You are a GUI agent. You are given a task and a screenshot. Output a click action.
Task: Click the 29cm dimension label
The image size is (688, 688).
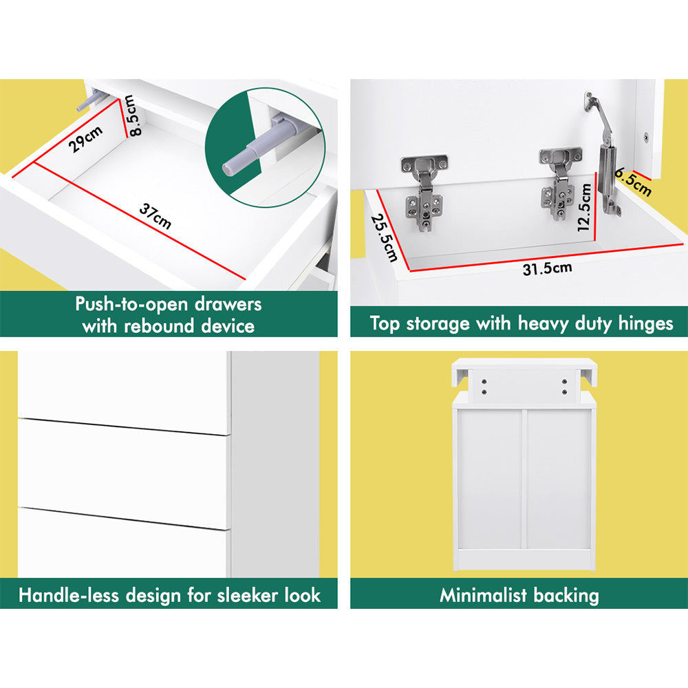pyautogui.click(x=87, y=139)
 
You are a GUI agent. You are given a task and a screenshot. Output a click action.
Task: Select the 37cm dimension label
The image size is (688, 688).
pyautogui.click(x=155, y=216)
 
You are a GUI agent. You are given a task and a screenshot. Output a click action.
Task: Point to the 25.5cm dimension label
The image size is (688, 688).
pyautogui.click(x=385, y=237)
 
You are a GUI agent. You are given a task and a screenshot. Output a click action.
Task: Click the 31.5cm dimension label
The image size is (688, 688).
pyautogui.click(x=547, y=268)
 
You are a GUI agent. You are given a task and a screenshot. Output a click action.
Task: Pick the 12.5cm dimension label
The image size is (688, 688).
pyautogui.click(x=584, y=206)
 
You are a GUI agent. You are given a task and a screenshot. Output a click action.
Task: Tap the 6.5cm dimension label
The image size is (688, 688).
pyautogui.click(x=634, y=182)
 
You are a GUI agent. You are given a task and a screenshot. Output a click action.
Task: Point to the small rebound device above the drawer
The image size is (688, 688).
pyautogui.click(x=90, y=101)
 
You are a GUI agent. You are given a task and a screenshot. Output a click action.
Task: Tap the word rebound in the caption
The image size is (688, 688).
pyautogui.click(x=159, y=326)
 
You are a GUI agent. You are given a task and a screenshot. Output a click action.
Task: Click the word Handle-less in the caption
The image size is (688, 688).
pyautogui.click(x=69, y=595)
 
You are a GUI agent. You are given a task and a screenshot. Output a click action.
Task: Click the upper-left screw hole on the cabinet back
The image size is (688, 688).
pyautogui.click(x=484, y=382)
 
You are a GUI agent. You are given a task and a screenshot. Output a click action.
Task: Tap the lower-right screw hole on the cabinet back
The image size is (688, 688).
pyautogui.click(x=564, y=392)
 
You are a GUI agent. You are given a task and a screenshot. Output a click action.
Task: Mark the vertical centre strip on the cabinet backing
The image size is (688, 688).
pyautogui.click(x=524, y=479)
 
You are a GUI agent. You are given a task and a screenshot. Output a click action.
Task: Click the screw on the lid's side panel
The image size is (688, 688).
pyautogui.click(x=645, y=137)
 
